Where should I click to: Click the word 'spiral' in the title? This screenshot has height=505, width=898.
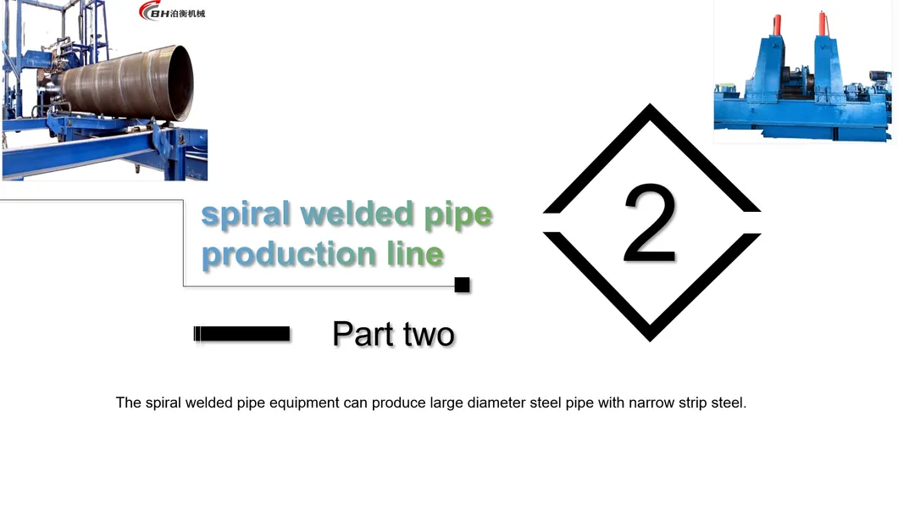[x=245, y=215]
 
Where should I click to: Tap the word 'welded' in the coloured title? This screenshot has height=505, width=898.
[x=357, y=213]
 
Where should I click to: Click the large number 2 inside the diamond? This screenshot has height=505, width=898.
[x=650, y=223]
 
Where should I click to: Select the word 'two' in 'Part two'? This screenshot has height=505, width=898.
[x=429, y=335]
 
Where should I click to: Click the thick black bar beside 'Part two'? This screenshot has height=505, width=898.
[x=241, y=334]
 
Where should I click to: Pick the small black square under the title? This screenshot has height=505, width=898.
[x=462, y=285]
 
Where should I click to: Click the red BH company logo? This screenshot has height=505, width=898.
[x=172, y=10]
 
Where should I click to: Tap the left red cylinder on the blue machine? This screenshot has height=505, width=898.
[x=777, y=25]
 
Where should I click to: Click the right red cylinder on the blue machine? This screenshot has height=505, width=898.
[x=823, y=23]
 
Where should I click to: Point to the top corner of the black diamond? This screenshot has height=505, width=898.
[x=650, y=103]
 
